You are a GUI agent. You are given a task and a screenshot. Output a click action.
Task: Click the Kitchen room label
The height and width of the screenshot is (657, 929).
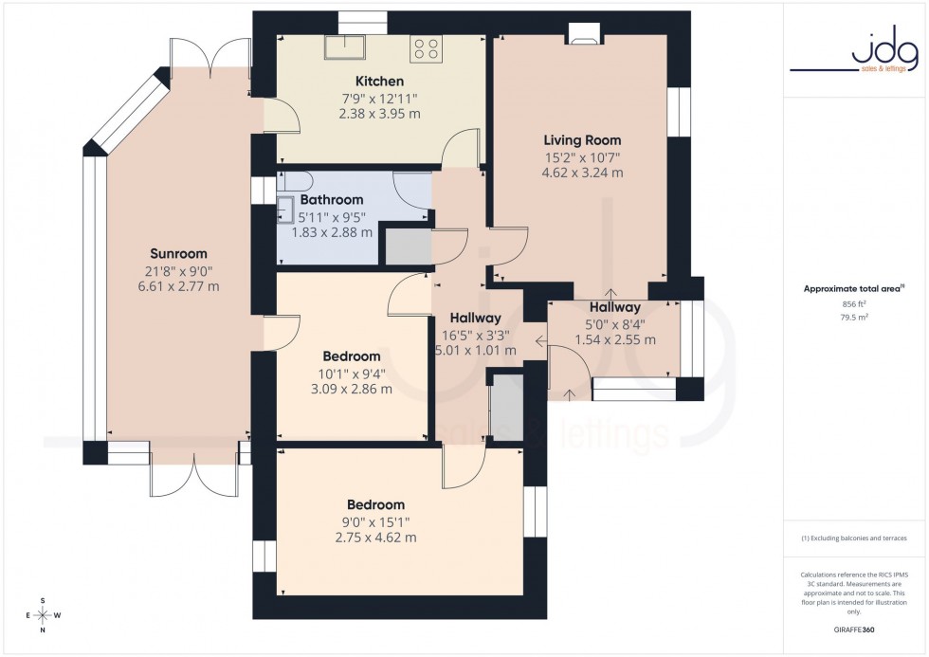379,82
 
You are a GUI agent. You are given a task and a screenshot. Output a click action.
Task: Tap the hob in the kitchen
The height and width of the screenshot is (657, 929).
427,47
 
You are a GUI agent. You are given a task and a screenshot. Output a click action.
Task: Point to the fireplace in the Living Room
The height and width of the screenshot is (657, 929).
582,38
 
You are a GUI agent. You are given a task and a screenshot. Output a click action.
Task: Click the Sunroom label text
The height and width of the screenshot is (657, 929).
178,253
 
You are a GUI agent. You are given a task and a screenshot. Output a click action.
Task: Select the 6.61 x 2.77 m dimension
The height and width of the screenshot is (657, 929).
178,286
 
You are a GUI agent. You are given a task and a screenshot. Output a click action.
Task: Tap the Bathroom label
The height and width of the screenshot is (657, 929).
332,200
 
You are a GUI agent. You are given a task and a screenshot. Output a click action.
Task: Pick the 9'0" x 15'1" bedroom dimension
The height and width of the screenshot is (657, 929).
375,521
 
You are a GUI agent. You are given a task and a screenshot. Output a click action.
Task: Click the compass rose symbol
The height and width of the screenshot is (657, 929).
43,615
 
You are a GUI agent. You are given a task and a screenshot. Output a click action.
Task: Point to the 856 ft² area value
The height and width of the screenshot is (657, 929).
854,303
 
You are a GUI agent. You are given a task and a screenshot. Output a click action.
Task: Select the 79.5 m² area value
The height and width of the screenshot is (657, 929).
854,318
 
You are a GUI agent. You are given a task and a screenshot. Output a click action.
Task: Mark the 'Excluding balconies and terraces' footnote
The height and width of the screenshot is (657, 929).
854,538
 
